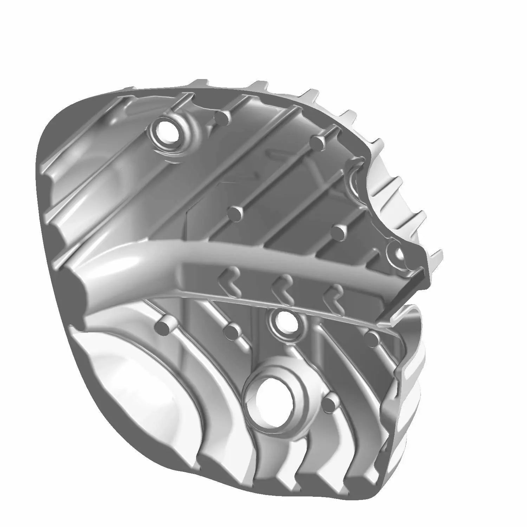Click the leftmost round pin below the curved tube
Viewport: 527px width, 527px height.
(164, 326)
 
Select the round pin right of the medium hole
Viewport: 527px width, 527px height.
(371, 338)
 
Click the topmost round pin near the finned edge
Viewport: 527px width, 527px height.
(318, 142)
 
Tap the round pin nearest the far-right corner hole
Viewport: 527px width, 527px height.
(338, 232)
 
